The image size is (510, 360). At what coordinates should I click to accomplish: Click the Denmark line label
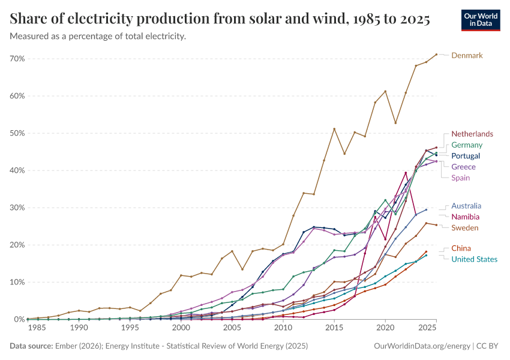point(467,56)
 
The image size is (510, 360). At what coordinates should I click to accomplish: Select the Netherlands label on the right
point(472,134)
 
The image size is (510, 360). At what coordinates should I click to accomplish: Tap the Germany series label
point(467,145)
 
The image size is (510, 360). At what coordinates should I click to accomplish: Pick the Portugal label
point(466,156)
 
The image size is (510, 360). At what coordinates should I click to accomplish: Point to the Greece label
point(463,167)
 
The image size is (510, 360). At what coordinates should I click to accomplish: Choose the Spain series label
point(461,178)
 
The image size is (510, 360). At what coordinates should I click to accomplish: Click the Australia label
point(466,206)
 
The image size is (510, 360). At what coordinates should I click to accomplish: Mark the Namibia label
point(466,217)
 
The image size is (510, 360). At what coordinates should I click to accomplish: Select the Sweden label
point(465,227)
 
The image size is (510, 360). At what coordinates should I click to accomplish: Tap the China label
point(461,248)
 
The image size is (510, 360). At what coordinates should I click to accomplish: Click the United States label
point(475,259)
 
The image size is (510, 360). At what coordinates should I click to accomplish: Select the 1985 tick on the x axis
point(38,329)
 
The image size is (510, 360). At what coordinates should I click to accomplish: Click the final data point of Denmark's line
point(436,55)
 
